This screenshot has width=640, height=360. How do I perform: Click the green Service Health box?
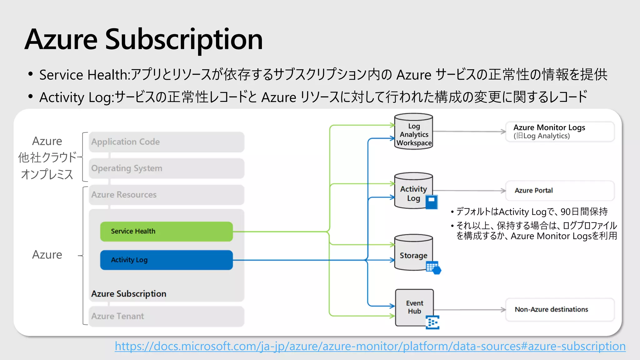pos(166,232)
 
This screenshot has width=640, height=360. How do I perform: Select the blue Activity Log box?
pos(166,260)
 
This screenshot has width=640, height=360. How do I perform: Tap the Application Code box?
pos(166,142)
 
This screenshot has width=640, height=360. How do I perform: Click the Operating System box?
pos(166,168)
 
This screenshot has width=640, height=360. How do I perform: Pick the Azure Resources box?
pos(166,195)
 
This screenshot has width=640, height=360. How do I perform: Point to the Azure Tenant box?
pos(166,316)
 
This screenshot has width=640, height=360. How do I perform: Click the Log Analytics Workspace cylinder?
pos(413,133)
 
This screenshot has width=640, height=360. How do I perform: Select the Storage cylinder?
pos(413,254)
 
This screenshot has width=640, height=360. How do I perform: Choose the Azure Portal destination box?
pos(559,191)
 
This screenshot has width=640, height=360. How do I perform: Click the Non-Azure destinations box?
pos(559,310)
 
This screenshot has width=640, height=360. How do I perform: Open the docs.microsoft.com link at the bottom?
pos(370,346)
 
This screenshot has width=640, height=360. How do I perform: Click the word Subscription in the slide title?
pos(184,40)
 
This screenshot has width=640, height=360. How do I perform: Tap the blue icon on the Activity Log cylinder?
pos(432,202)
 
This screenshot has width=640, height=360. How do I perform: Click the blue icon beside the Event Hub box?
pos(432,322)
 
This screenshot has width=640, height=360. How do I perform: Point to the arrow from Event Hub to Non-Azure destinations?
pos(469,310)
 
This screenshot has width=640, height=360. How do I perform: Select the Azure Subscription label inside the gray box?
pos(129,294)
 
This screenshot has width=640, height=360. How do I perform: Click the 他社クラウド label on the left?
pos(47,157)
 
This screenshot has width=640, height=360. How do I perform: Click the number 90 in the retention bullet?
pos(565,212)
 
